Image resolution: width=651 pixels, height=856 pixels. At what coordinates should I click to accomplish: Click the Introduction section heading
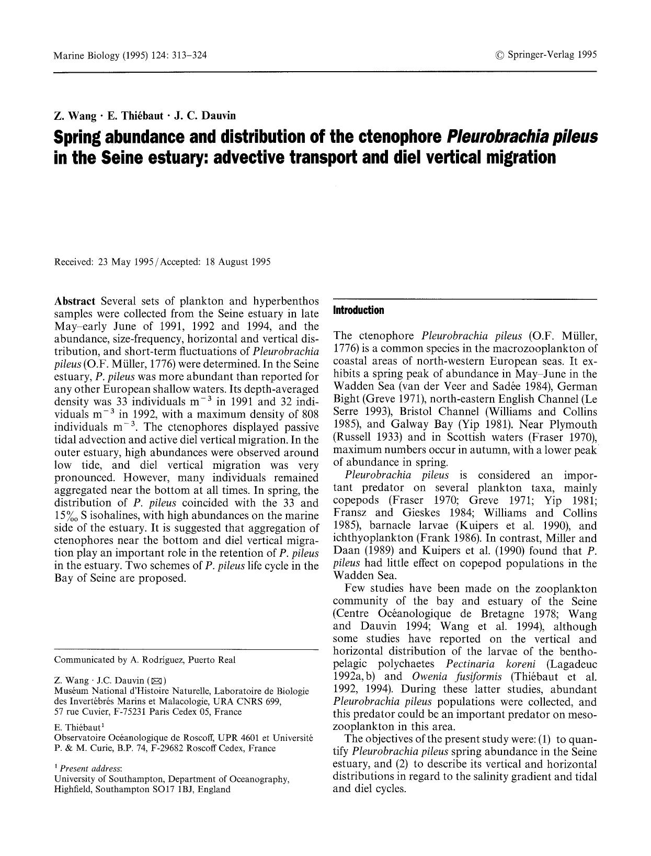point(358,310)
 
